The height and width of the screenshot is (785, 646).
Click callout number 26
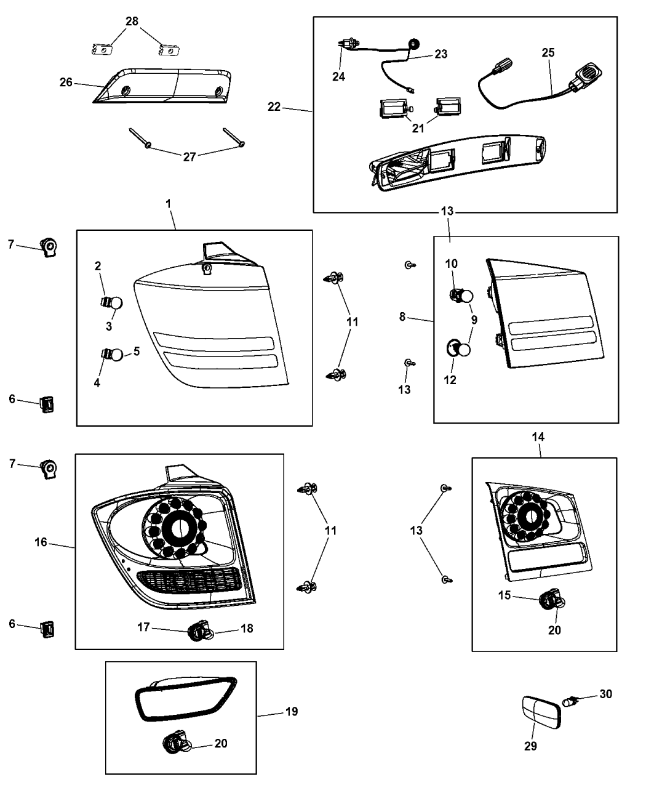(66, 82)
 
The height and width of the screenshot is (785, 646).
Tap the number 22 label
(274, 107)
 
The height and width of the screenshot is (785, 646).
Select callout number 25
(548, 52)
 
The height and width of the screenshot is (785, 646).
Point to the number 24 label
(338, 77)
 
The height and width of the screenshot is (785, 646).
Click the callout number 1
(169, 203)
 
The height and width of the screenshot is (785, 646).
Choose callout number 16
(41, 542)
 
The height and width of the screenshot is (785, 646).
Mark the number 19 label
(292, 712)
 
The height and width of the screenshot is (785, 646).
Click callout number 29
(530, 746)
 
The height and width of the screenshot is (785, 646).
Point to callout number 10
(452, 264)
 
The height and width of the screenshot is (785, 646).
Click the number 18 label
(246, 629)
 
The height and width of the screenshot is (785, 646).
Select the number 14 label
(538, 437)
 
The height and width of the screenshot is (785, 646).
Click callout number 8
(402, 316)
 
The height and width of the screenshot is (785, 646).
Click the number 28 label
(132, 22)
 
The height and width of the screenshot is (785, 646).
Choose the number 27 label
(189, 157)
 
